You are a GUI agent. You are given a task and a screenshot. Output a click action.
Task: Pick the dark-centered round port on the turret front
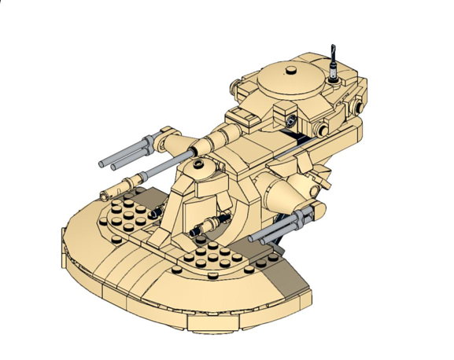[292, 122]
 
